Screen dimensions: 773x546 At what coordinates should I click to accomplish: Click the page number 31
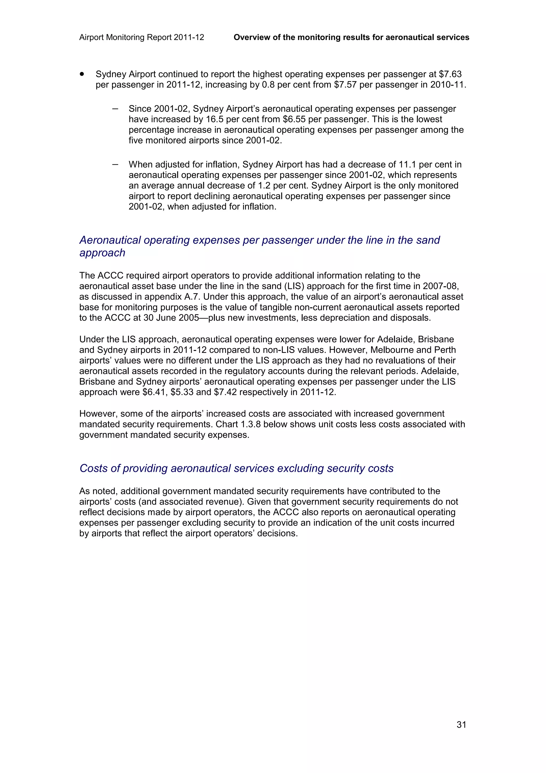click(461, 724)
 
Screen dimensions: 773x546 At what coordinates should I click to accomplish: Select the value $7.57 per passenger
click(345, 85)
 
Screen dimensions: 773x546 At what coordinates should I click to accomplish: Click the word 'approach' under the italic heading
click(102, 253)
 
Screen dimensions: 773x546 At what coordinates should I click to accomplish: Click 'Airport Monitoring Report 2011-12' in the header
click(142, 37)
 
